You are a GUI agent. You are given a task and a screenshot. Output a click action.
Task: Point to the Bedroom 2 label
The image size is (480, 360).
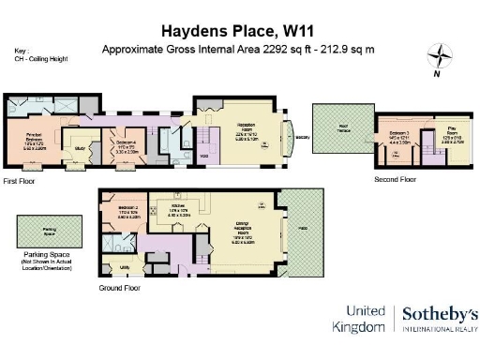point(116,207)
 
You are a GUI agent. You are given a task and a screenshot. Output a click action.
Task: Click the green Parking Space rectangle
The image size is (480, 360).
point(40,229)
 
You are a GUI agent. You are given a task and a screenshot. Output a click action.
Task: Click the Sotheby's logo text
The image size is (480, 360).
point(440,315)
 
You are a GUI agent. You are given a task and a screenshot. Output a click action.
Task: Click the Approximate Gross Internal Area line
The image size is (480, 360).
point(239,48)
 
